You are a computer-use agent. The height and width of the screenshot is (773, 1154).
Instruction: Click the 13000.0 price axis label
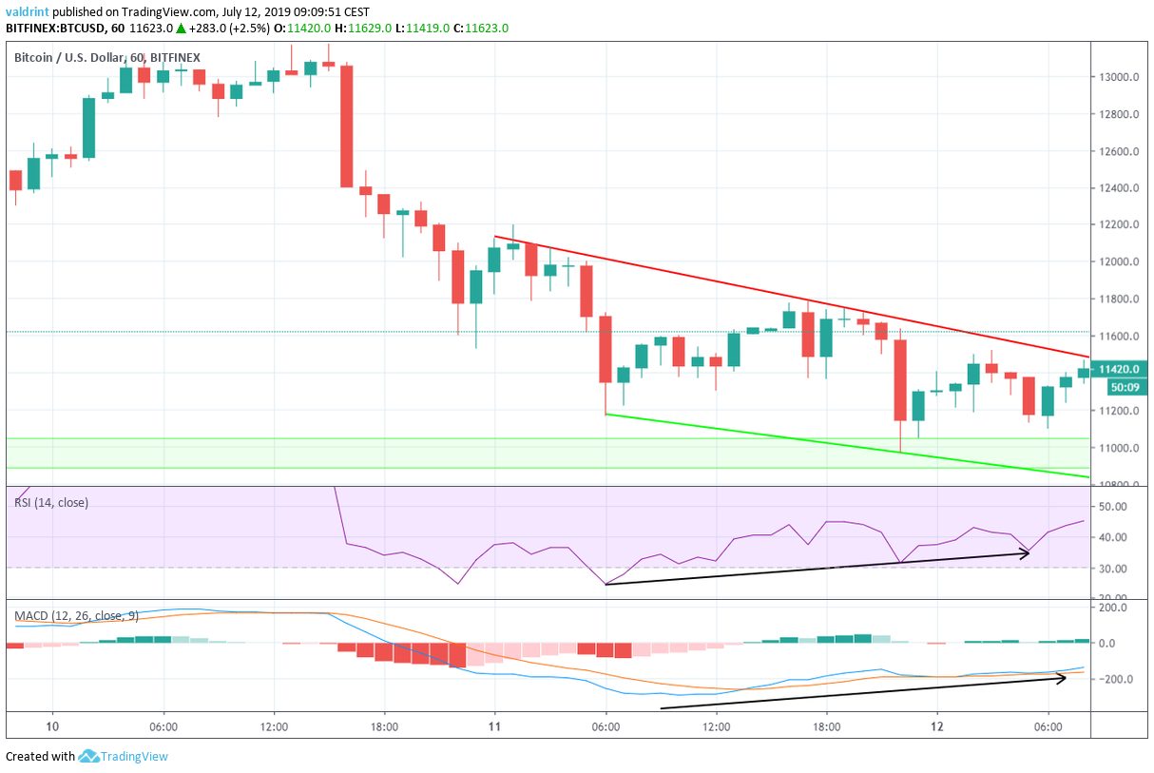[x=1120, y=77]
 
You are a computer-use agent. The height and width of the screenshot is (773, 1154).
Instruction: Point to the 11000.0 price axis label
[x=1120, y=448]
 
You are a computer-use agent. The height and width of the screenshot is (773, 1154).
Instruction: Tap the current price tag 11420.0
[x=1120, y=369]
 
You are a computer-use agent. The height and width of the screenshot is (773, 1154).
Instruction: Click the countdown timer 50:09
[x=1123, y=387]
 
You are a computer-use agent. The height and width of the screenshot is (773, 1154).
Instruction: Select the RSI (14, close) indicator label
[x=51, y=502]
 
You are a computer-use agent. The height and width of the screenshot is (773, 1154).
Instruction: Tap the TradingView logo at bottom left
[x=123, y=757]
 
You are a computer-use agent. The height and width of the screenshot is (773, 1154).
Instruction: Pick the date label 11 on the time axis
[x=494, y=725]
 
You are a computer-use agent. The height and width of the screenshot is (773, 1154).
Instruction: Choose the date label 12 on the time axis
[x=937, y=725]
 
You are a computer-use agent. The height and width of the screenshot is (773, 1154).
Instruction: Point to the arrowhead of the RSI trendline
[x=1027, y=553]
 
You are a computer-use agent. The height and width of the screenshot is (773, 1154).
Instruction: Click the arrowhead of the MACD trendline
[x=1063, y=676]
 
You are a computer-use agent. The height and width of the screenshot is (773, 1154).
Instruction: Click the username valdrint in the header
[x=29, y=11]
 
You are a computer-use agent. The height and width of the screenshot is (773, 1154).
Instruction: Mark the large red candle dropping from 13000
[x=347, y=126]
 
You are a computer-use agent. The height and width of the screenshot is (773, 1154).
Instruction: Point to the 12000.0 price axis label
[x=1120, y=262]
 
